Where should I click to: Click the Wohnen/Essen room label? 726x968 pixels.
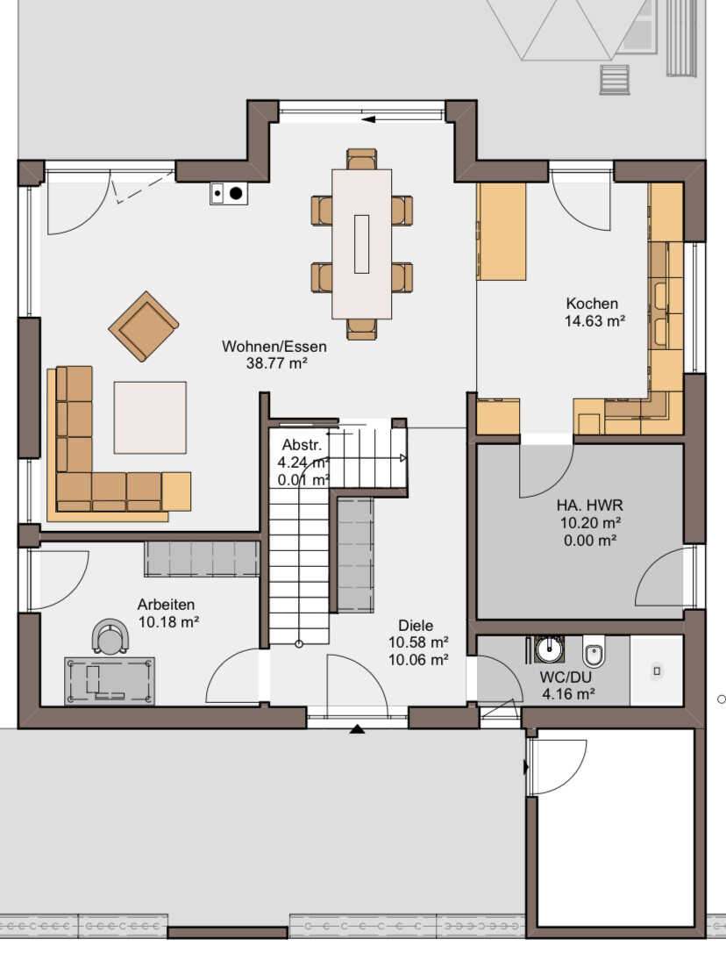point(274,347)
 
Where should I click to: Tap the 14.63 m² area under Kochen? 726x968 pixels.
point(594,321)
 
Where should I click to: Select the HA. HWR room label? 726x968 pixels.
point(590,505)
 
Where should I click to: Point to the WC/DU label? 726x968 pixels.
point(565,678)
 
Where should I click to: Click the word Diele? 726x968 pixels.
point(416,626)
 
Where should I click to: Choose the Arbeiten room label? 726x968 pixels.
point(166,605)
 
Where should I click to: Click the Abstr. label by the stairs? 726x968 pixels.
point(302,444)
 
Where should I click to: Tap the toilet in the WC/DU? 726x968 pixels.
point(594,652)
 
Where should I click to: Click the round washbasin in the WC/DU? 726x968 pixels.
point(548,649)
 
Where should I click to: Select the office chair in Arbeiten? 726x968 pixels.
point(110,636)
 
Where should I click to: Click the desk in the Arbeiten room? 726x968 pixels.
point(110,681)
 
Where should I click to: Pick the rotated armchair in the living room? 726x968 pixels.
point(144,326)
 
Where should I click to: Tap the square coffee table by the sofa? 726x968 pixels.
point(150,418)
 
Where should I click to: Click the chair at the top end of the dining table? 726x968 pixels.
point(361,159)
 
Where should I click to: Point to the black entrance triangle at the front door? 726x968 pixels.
point(357,729)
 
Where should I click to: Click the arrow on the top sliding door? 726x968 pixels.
point(369,119)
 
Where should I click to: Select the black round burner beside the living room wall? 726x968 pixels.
point(236,193)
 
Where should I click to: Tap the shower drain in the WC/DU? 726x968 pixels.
point(657,670)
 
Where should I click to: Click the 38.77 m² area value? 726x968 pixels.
point(277,363)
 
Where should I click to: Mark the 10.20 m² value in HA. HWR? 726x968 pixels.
point(590,523)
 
